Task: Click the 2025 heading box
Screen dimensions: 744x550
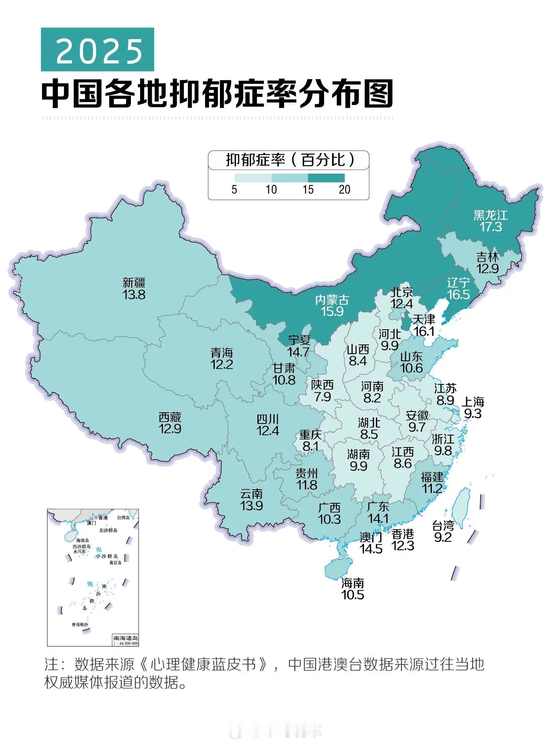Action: point(97,50)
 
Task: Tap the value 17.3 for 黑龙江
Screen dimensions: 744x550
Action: point(491,227)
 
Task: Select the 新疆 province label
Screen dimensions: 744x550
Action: point(134,283)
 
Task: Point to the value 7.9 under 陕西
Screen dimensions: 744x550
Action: point(322,397)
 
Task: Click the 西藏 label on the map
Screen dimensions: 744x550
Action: point(170,418)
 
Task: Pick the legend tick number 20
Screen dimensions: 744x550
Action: point(344,190)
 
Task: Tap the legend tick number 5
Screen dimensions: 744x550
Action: point(234,190)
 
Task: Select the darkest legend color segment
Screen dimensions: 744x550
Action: point(326,178)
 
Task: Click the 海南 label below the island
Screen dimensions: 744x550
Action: point(353,584)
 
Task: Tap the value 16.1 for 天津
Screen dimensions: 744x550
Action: point(424,331)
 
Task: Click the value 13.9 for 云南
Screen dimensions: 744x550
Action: point(251,506)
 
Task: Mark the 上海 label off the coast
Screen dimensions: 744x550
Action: point(473,402)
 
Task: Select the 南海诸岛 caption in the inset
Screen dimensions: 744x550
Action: point(125,638)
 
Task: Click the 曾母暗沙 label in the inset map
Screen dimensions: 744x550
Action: point(80,624)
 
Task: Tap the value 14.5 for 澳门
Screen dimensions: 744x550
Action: point(371,549)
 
